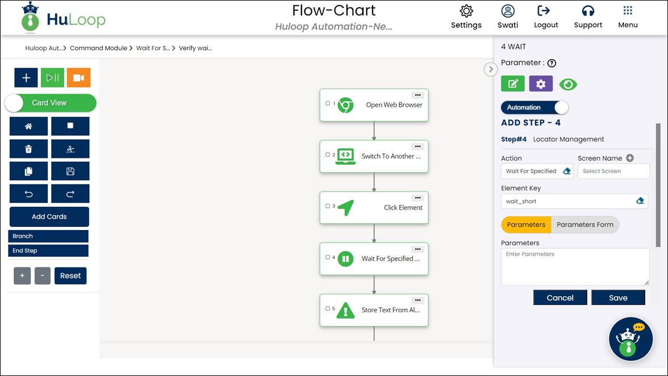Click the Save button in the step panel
tap(618, 298)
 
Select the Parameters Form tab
tap(585, 224)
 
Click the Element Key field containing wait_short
tap(574, 201)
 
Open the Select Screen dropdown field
tap(613, 171)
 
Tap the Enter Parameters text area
tap(575, 266)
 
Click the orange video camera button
tap(79, 78)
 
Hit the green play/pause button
tap(52, 78)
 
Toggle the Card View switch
tap(51, 103)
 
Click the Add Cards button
tap(49, 217)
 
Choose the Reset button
tap(70, 275)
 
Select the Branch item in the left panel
tap(48, 236)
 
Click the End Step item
tap(48, 250)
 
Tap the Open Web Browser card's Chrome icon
tap(345, 105)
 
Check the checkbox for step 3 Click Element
tap(328, 206)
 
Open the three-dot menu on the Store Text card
tap(418, 300)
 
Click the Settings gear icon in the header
tap(466, 11)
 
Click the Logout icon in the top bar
tap(544, 11)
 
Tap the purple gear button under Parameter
tap(541, 84)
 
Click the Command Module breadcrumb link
tap(98, 48)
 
